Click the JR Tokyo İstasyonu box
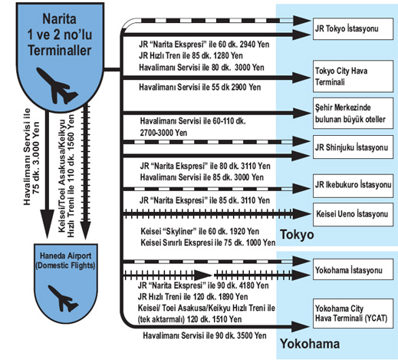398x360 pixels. coord(353,28)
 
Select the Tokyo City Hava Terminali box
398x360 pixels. coord(353,76)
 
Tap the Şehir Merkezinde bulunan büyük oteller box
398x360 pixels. coord(353,113)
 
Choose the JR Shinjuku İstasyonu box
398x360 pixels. coord(353,147)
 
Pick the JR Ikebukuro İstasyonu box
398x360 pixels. coord(353,186)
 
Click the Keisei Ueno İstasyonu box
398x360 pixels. coord(353,214)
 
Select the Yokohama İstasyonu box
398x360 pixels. coord(353,269)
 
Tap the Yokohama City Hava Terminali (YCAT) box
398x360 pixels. coord(353,313)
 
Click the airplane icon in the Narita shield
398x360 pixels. coord(57,86)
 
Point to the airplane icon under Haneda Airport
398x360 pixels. coord(64,299)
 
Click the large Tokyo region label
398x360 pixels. coord(297,234)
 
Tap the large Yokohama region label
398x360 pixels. coord(310,344)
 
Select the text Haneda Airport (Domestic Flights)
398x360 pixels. coord(65,260)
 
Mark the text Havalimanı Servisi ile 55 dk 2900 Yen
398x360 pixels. coord(200,88)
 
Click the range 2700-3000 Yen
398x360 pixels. coord(163,133)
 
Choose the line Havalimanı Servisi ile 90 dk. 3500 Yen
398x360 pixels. coord(205,335)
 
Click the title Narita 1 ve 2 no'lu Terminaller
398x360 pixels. coord(60,35)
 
